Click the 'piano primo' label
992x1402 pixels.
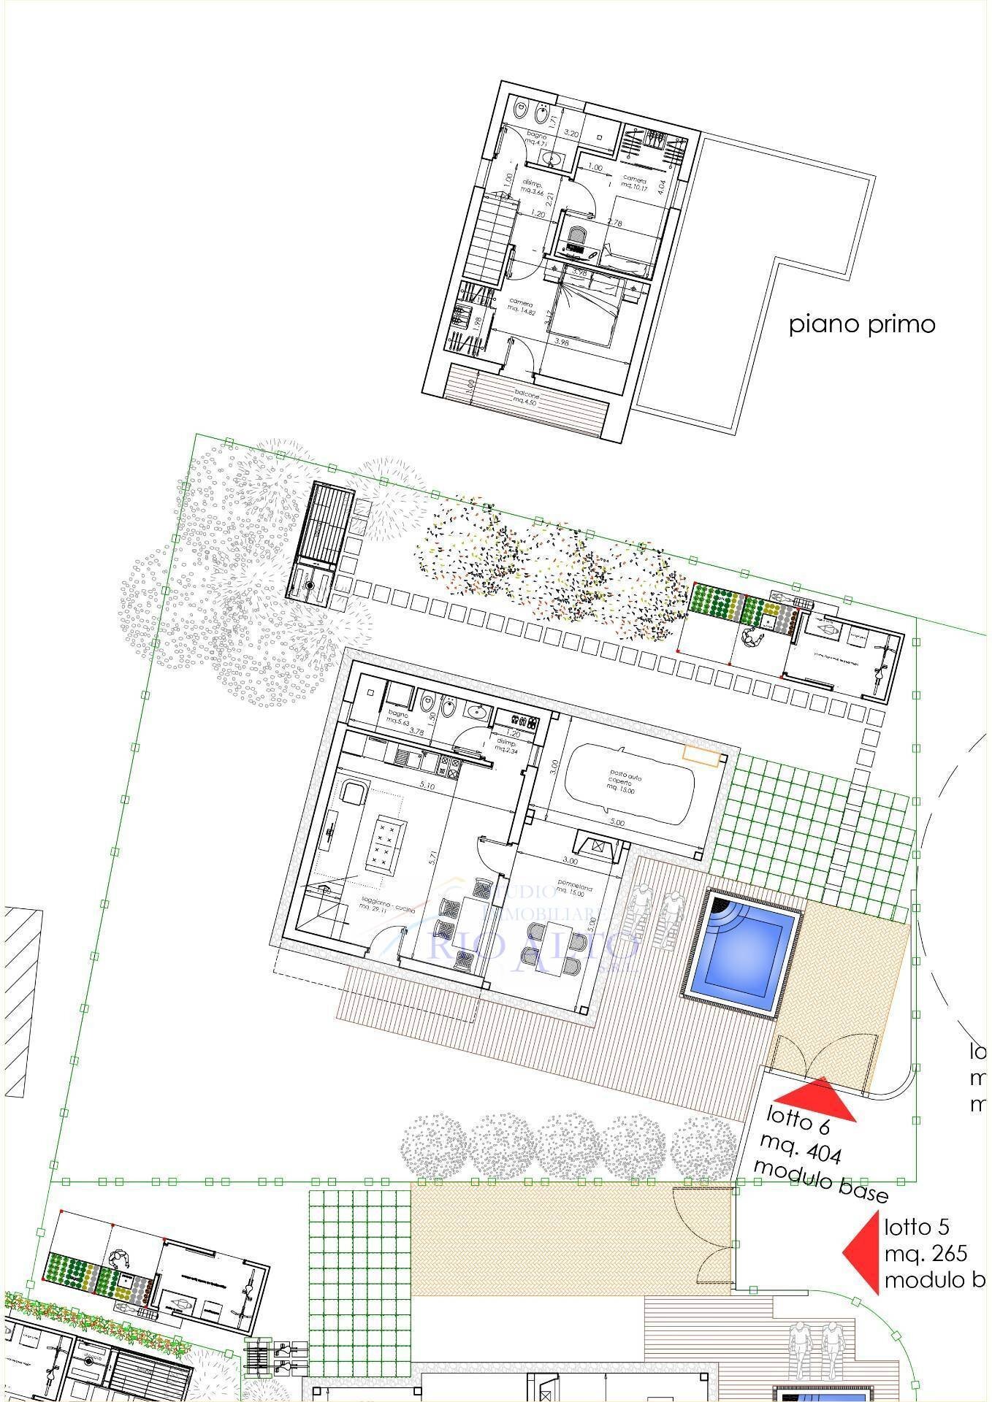862,323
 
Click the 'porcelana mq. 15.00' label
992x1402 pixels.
574,889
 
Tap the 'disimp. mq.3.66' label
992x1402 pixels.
531,185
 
